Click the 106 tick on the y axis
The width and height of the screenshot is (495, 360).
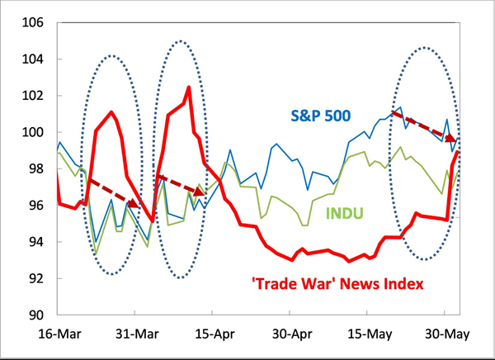(x=32, y=23)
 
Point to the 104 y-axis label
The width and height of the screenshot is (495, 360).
(x=32, y=59)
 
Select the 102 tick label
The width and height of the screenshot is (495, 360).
(x=32, y=96)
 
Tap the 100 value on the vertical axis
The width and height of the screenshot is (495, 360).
(x=32, y=132)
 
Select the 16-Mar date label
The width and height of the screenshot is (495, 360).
(x=57, y=335)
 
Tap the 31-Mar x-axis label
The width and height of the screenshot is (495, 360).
(x=134, y=335)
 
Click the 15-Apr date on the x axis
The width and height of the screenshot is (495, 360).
(x=212, y=335)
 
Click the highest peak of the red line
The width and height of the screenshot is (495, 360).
(x=189, y=88)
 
